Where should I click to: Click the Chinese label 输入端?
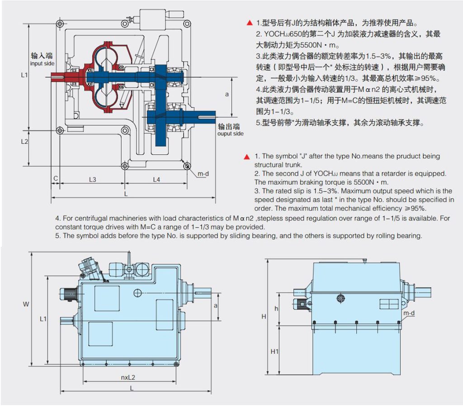(42, 56)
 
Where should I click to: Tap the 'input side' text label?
(42, 63)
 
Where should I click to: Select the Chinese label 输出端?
(228, 126)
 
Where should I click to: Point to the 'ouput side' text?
(230, 134)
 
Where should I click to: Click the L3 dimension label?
(92, 180)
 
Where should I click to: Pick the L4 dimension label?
(156, 180)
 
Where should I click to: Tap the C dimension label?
(56, 178)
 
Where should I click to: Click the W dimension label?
(26, 304)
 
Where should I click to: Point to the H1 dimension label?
(274, 351)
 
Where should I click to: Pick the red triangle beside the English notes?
(247, 157)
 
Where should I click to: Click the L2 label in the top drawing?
(25, 142)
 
